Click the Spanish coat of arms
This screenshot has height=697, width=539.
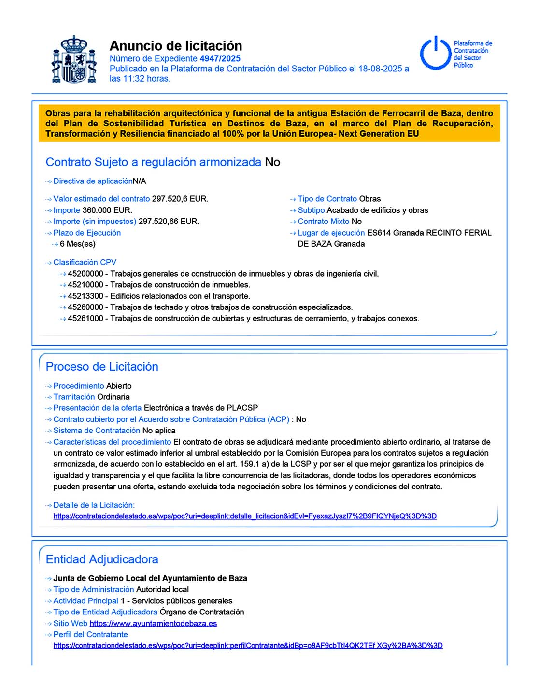coord(74,59)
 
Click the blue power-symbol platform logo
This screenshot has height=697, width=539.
coord(436,53)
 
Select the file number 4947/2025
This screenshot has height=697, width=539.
coord(220,58)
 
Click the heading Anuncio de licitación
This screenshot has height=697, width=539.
coord(176,46)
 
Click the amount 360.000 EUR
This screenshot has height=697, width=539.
coord(107,210)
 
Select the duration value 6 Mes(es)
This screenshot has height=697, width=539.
coord(78,244)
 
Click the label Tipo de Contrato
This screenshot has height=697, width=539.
coord(327,199)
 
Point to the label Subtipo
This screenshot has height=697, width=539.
coord(311,210)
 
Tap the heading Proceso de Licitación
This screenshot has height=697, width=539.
coord(102,367)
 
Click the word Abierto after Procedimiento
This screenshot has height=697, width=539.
coord(119,386)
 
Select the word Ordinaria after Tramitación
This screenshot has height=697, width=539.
coord(113,397)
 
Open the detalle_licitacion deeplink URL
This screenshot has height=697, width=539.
coord(245,516)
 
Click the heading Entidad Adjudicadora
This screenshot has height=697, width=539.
coord(102,559)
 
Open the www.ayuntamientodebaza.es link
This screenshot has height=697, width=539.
coord(153,623)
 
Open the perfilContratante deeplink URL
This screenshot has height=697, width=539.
coord(248,646)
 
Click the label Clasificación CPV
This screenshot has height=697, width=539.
coord(85,262)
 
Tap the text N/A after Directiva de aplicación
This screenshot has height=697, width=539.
coord(140,181)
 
